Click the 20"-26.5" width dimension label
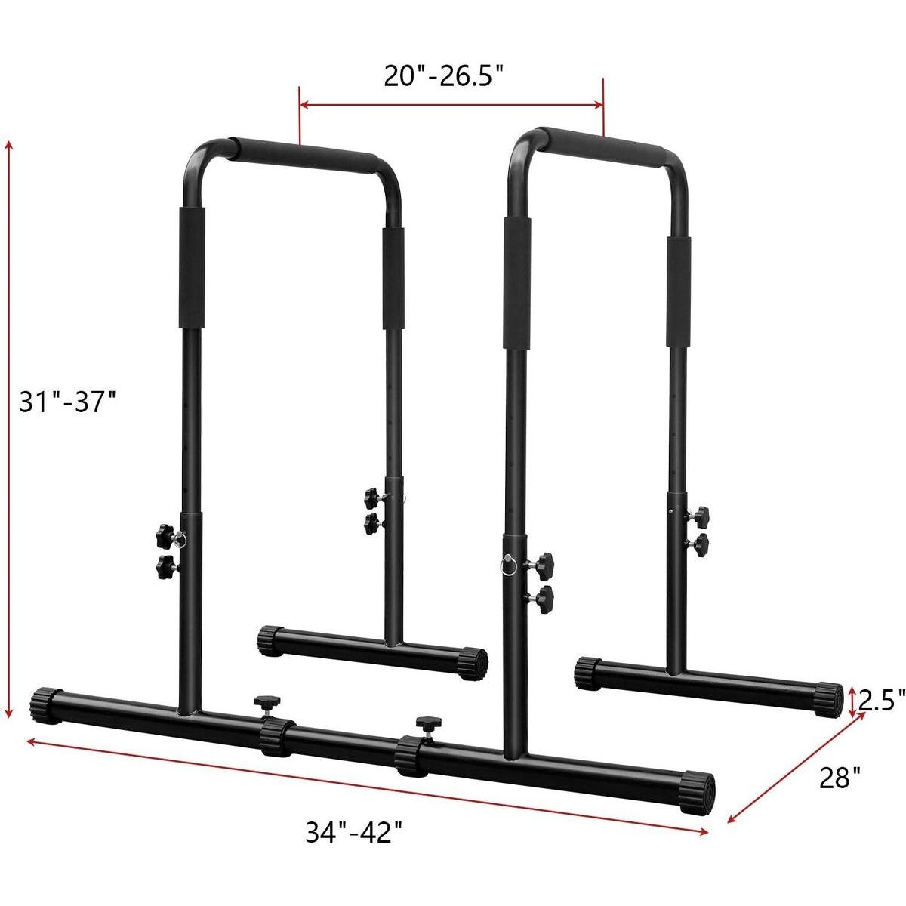(x=444, y=75)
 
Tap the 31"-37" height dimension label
(x=67, y=400)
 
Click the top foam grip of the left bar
(x=306, y=152)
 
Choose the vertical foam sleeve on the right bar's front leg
(x=516, y=281)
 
